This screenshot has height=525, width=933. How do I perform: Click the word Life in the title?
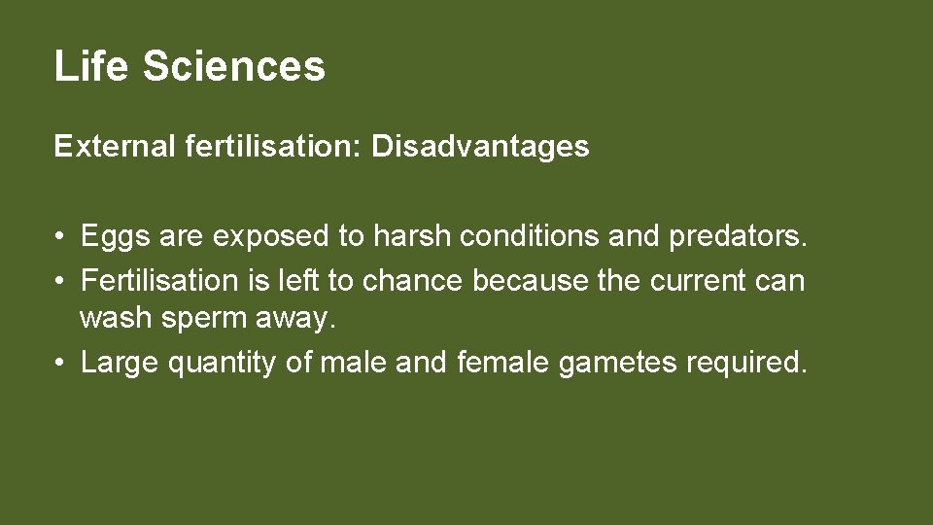[90, 66]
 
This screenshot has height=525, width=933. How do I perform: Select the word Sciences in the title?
[234, 66]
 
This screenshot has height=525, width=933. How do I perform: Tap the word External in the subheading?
[110, 147]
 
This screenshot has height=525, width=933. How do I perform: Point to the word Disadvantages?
[481, 147]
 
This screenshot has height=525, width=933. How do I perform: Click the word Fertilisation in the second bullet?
[159, 281]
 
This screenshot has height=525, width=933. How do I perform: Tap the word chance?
[413, 281]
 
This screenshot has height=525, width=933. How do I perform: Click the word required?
[746, 364]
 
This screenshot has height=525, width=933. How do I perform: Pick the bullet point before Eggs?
[60, 237]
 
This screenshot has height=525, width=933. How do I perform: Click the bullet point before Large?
[60, 364]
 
